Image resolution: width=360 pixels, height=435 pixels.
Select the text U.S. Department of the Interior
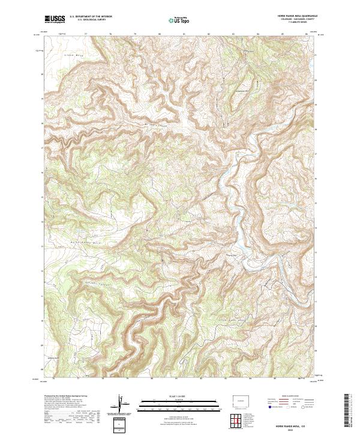point(91,17)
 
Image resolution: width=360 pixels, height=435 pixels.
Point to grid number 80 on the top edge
point(160,34)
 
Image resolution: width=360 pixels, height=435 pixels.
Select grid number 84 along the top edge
point(257,34)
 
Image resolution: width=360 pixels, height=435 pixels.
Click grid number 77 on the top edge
point(86,34)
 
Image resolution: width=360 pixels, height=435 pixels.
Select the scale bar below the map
point(179,403)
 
